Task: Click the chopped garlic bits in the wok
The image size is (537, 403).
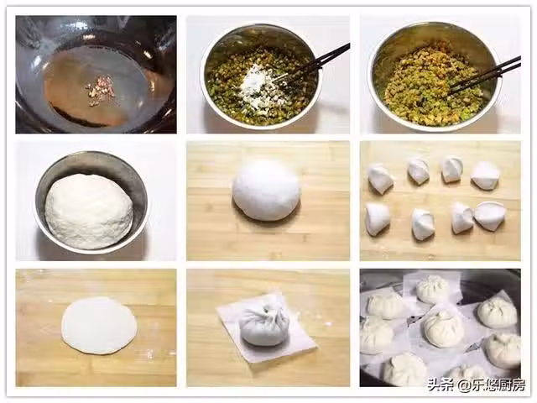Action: click(99, 90)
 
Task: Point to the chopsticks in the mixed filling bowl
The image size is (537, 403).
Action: click(485, 76)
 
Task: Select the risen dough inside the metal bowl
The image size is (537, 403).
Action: click(89, 211)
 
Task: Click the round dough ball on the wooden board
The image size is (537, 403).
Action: click(266, 190)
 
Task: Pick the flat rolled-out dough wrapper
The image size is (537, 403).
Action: click(99, 325)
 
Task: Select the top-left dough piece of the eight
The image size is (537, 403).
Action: click(380, 178)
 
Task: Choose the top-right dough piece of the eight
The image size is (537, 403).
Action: click(485, 175)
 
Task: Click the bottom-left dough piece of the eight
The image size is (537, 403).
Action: click(377, 219)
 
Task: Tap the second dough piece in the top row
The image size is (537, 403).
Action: click(419, 170)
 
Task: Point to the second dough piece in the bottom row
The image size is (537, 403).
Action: click(423, 224)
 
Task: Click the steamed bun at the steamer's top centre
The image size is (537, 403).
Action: click(433, 289)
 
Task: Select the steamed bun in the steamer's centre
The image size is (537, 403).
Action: click(444, 329)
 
